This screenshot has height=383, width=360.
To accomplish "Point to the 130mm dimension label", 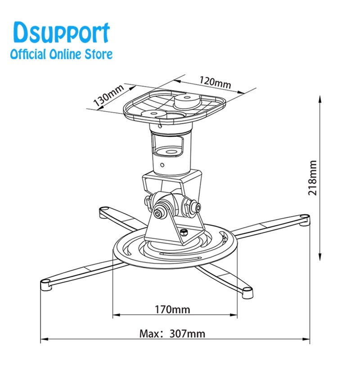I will pyautogui.click(x=108, y=96).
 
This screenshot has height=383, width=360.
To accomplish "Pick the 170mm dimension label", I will pyautogui.click(x=172, y=309).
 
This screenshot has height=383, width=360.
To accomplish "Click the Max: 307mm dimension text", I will pyautogui.click(x=172, y=333).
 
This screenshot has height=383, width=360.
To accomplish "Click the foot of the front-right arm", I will pyautogui.click(x=247, y=293).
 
